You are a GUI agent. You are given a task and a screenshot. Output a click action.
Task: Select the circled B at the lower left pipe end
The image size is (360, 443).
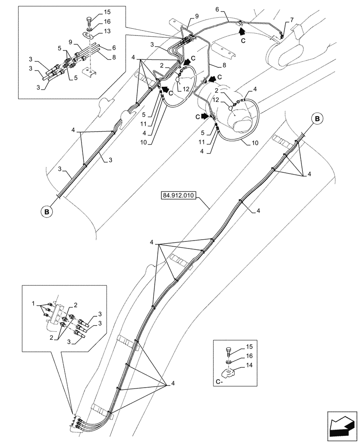[x=47, y=212]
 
